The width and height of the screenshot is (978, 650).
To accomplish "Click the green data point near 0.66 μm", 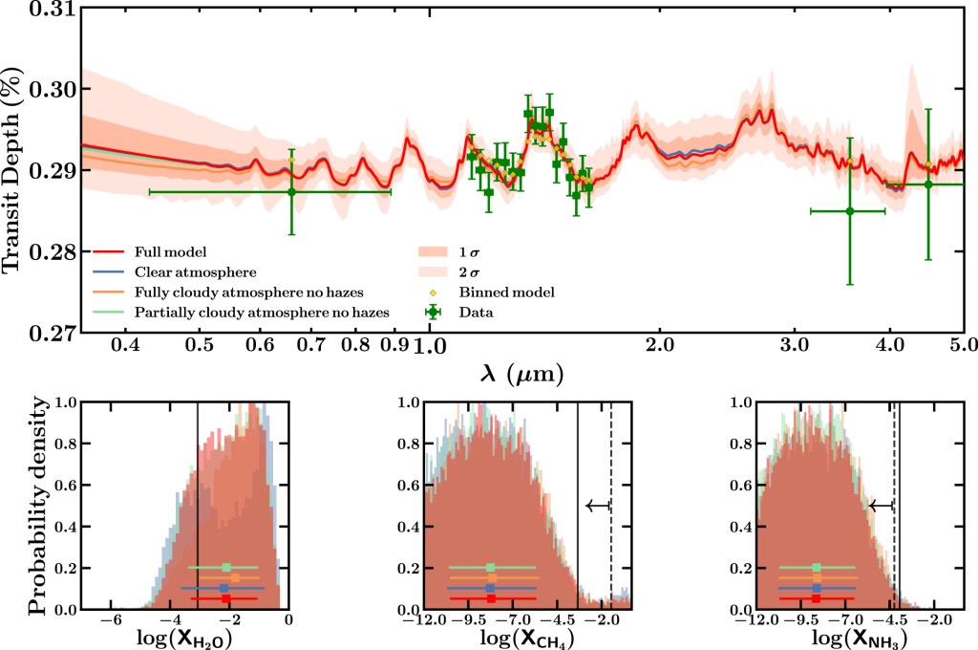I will click(x=291, y=191).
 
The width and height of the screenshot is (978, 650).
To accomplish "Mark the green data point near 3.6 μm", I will click(x=849, y=210).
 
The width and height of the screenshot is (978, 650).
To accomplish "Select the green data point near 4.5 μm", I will click(x=927, y=184).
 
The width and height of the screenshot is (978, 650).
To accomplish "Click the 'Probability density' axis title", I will click(x=38, y=507).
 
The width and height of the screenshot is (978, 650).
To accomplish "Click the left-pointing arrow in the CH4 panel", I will click(x=597, y=506).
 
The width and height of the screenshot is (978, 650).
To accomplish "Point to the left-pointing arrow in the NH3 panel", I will click(x=880, y=506).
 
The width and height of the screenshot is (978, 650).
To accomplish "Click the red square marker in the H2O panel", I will click(x=225, y=598).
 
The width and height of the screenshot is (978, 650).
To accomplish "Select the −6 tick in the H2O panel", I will click(x=110, y=621).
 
